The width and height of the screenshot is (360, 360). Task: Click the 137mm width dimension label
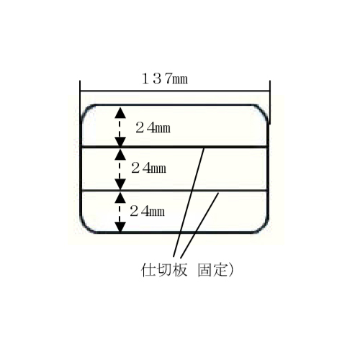165,79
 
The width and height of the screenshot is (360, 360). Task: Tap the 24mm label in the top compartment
153,127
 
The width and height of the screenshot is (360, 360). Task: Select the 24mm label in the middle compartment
149,168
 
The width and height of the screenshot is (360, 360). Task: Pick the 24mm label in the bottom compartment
148,211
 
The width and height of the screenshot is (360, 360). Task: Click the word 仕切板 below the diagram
163,270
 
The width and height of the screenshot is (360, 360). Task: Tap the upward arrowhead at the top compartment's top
120,112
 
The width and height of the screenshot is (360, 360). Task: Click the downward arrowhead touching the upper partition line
120,142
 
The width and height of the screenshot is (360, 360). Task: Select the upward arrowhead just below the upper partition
120,154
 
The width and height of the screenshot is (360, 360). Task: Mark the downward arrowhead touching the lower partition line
120,184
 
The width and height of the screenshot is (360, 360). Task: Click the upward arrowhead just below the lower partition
120,197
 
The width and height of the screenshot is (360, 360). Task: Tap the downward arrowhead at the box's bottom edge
120,227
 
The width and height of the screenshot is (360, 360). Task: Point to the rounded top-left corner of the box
86,109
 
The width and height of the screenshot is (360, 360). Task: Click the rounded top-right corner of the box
263,109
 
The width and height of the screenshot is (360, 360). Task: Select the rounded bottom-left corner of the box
85,228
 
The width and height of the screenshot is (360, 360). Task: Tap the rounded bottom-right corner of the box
263,228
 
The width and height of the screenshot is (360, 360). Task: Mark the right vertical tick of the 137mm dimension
270,102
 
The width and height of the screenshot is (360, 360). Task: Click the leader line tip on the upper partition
204,149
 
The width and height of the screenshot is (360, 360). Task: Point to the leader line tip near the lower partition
218,193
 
